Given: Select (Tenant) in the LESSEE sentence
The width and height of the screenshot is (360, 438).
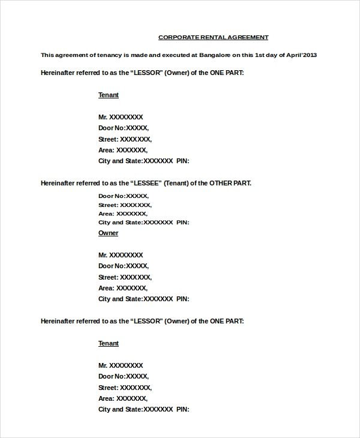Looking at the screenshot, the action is pyautogui.click(x=176, y=183).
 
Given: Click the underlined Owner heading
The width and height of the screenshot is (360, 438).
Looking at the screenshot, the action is pyautogui.click(x=108, y=233).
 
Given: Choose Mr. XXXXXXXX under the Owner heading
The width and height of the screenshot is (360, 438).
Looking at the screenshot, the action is pyautogui.click(x=121, y=255).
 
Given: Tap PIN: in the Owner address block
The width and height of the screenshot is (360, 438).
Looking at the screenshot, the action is pyautogui.click(x=182, y=299).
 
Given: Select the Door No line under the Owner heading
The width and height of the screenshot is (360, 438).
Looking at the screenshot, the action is pyautogui.click(x=123, y=266).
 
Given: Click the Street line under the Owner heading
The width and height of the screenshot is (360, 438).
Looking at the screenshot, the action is pyautogui.click(x=125, y=277).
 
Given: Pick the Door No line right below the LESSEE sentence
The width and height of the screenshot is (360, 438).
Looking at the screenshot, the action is pyautogui.click(x=123, y=196).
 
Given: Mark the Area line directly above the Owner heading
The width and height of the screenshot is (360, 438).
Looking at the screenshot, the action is pyautogui.click(x=122, y=214).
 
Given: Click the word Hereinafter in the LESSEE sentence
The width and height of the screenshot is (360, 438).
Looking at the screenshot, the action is pyautogui.click(x=58, y=183).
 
